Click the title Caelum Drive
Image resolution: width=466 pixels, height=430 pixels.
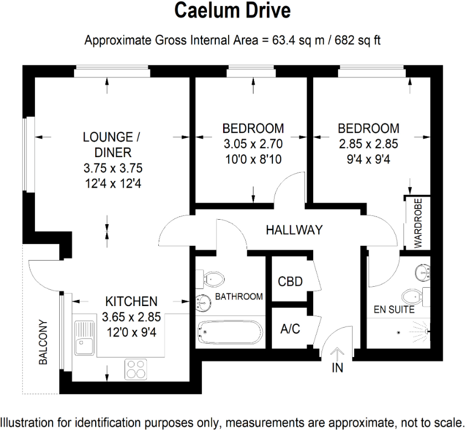[232, 11]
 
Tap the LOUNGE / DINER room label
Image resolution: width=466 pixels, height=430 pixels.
[108, 144]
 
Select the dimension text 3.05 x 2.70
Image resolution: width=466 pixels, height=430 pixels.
[253, 144]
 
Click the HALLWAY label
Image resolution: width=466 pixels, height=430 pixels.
[294, 230]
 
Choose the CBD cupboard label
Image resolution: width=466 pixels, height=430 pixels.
[290, 282]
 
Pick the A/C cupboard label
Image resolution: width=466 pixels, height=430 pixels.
[290, 329]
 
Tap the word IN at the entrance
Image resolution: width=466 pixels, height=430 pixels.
[337, 368]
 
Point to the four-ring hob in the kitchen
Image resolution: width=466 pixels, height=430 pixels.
[135, 369]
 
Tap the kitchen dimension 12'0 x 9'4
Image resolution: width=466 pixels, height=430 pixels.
[131, 333]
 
